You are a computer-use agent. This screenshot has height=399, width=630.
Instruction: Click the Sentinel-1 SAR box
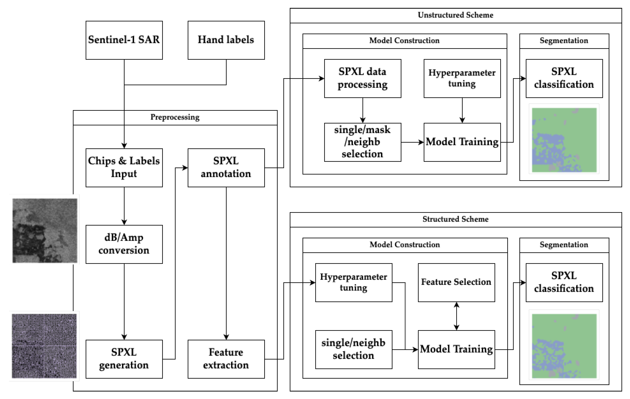tap(124, 40)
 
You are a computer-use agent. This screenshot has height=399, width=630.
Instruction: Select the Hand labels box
tap(226, 40)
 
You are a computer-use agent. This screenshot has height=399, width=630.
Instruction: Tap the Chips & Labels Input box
tap(124, 167)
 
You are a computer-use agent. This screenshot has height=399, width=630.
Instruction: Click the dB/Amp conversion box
tap(124, 244)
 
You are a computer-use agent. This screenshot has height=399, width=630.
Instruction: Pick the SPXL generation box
tap(124, 359)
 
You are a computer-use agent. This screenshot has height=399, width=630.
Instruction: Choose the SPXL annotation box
tap(226, 167)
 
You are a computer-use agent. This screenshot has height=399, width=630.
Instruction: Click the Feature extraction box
tap(226, 359)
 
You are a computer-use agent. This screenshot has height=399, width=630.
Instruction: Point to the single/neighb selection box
tap(353, 349)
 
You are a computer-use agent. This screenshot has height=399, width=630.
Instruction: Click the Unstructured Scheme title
tap(455, 15)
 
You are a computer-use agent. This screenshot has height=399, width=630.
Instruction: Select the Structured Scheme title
tap(455, 219)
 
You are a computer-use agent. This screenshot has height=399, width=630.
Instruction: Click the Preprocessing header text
tap(175, 117)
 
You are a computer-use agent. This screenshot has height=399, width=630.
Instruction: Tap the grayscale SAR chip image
tap(45, 230)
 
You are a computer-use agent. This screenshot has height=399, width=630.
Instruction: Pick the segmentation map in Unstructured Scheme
tap(564, 140)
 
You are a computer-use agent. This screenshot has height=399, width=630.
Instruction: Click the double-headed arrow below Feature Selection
tap(456, 316)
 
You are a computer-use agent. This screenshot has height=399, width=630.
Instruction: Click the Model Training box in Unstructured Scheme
tap(462, 142)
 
